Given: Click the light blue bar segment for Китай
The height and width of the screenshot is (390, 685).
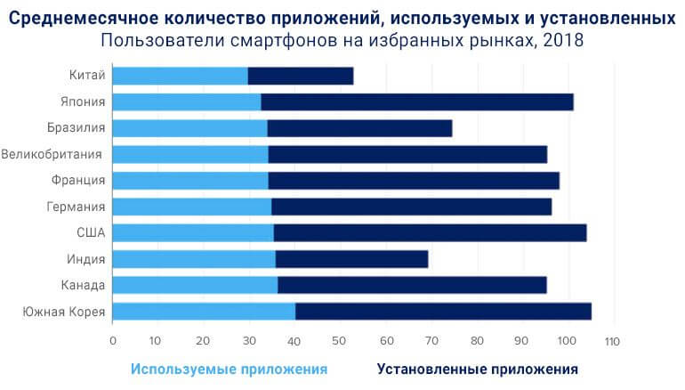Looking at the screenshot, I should pyautogui.click(x=181, y=76).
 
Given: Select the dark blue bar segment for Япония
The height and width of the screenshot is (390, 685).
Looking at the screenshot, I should pyautogui.click(x=416, y=102).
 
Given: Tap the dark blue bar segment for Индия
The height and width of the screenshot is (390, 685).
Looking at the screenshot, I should pyautogui.click(x=351, y=259).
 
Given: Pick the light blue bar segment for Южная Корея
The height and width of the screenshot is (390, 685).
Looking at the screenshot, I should pyautogui.click(x=205, y=312).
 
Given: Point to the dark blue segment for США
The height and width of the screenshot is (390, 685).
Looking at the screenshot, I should pyautogui.click(x=430, y=233).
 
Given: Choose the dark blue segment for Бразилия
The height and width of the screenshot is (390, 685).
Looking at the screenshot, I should pyautogui.click(x=359, y=128).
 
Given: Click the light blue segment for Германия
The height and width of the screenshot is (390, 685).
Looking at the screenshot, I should pyautogui.click(x=192, y=207).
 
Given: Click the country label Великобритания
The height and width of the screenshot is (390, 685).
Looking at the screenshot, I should pyautogui.click(x=53, y=154).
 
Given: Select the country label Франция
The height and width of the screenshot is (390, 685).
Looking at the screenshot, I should pyautogui.click(x=79, y=181).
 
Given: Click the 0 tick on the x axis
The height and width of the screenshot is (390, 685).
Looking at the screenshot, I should pyautogui.click(x=114, y=341).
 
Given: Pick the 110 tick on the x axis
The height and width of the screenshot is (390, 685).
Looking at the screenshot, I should pyautogui.click(x=610, y=341).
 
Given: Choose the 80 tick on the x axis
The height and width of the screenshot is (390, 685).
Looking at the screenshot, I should pyautogui.click(x=477, y=341).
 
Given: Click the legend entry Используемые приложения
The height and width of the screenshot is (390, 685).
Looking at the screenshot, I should pyautogui.click(x=229, y=369).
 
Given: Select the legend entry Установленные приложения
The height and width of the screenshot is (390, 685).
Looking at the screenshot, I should pyautogui.click(x=478, y=369).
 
